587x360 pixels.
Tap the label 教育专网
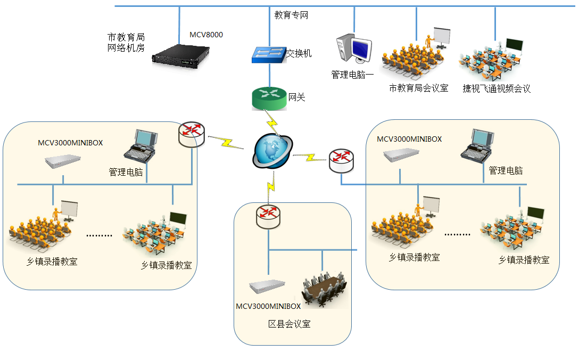tap(291, 15)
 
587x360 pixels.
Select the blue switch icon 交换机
tap(268, 54)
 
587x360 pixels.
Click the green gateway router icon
tap(269, 97)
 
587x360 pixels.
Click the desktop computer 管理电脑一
tap(353, 50)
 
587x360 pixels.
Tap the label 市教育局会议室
tap(418, 88)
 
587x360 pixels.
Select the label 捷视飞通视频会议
tap(496, 88)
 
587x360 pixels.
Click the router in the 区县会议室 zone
tap(268, 215)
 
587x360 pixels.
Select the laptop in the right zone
tap(477, 145)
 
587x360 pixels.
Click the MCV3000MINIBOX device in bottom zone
tap(267, 288)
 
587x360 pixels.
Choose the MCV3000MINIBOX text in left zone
tap(70, 143)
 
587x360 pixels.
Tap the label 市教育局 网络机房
tap(126, 43)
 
